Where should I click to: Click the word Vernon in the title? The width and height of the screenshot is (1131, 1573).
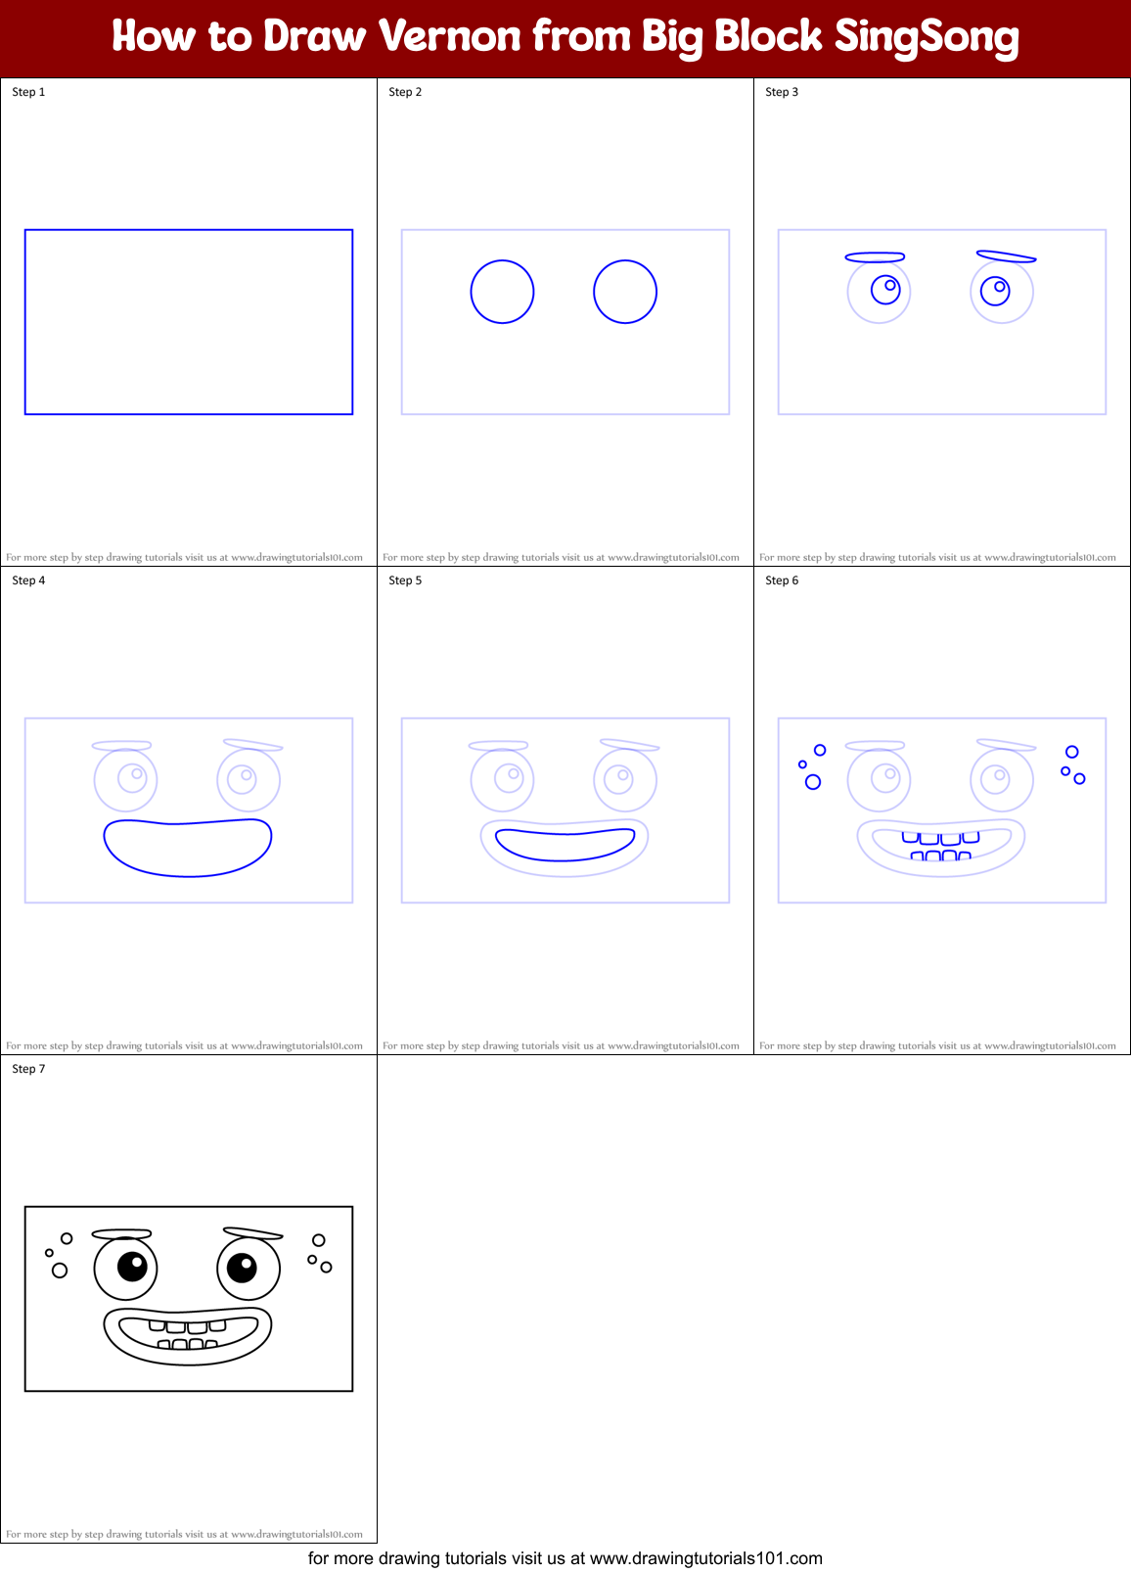coord(449,37)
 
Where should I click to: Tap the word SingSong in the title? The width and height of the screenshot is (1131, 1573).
coord(926,37)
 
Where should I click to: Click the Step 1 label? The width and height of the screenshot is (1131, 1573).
coord(28,92)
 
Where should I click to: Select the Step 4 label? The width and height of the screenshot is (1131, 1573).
coord(28,580)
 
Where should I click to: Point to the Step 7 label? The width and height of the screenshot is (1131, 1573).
coord(28,1069)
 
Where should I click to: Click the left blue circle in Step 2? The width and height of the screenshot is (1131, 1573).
coord(502,292)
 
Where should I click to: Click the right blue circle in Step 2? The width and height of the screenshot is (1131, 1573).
coord(625,292)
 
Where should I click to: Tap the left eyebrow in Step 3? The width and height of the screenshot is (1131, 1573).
coord(875,257)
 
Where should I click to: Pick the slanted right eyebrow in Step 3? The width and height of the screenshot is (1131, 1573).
coord(1006,256)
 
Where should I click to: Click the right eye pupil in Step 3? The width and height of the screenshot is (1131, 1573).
coord(995,291)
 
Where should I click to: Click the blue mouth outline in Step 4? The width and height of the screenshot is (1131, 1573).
coord(188,848)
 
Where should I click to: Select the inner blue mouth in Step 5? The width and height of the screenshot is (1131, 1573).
coord(565,844)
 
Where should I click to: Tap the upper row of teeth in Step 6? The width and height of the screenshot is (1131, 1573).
coord(940,838)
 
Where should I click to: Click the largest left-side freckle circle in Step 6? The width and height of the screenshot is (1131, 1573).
coord(813,782)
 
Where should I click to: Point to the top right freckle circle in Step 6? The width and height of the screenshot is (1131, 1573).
coord(1072,752)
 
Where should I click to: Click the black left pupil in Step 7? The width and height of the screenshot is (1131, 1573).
coord(132,1267)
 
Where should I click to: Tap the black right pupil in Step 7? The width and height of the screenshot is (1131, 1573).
coord(242,1268)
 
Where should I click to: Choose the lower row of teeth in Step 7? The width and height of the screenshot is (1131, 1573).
coord(188,1345)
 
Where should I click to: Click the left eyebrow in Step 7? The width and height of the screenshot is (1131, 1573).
coord(121,1234)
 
